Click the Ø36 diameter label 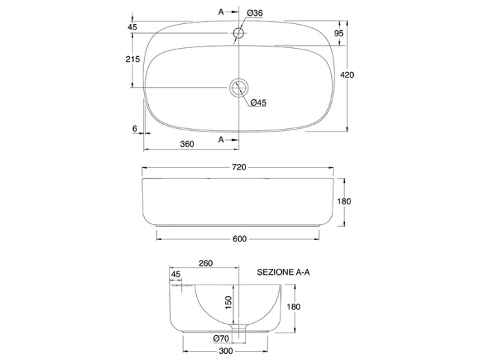click(x=254, y=13)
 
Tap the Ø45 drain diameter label click(x=259, y=103)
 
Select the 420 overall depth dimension click(x=347, y=75)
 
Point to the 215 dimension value click(x=132, y=59)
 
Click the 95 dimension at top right click(x=339, y=33)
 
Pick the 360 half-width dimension click(x=187, y=144)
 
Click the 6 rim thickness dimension click(x=134, y=129)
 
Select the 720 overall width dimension click(x=239, y=167)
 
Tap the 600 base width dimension click(x=239, y=239)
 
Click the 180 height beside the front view click(x=344, y=201)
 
